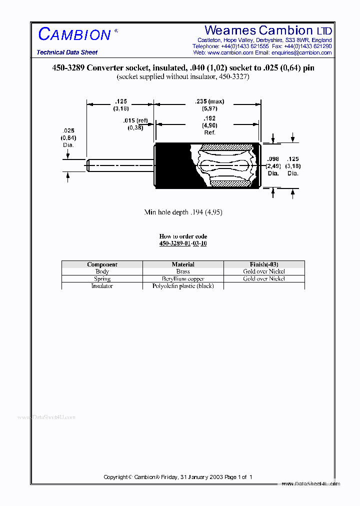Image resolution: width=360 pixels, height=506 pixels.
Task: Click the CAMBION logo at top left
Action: (74, 34)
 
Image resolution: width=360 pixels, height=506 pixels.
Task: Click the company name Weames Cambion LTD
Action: (268, 30)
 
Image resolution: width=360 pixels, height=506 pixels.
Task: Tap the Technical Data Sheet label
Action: (67, 52)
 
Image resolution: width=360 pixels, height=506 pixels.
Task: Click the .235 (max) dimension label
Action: (210, 101)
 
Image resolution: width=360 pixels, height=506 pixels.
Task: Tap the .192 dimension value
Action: (209, 118)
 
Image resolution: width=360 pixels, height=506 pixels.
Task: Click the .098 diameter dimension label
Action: (273, 158)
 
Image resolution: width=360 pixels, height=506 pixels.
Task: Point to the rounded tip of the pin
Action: (88, 165)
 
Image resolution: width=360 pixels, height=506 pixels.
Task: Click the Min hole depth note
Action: (183, 212)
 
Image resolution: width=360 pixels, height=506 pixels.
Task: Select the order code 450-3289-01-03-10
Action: (183, 243)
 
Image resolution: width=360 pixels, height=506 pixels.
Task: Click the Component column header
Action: (102, 264)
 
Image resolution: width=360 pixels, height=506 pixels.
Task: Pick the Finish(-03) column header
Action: (263, 264)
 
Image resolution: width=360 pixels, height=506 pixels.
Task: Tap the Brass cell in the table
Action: (183, 271)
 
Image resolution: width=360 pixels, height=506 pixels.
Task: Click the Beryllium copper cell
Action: (183, 278)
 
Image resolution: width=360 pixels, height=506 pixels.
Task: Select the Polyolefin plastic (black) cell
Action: (183, 286)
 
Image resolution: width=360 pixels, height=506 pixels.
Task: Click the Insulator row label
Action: (102, 286)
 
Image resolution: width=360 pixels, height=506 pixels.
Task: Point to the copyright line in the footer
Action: (178, 477)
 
